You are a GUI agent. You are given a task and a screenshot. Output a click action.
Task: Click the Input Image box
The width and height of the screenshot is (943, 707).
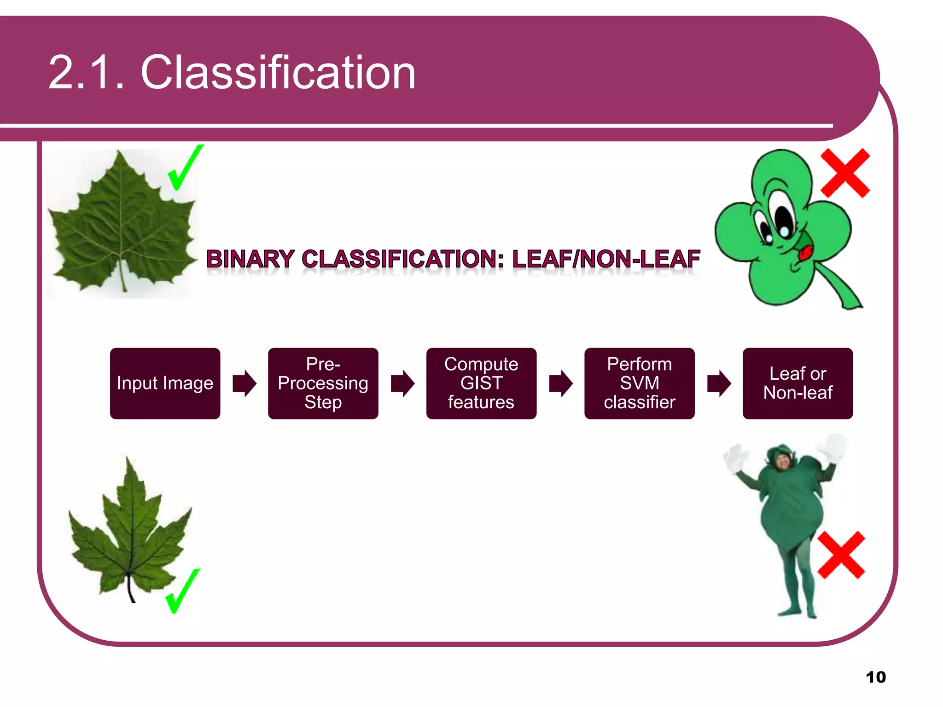[x=165, y=383]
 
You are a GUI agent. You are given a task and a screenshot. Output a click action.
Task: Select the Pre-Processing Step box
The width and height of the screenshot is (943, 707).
[x=323, y=383]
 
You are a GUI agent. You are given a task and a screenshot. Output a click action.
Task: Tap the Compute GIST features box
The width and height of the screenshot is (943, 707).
[x=481, y=383]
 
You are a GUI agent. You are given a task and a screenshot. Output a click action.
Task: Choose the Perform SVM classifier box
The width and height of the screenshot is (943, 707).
[x=639, y=383]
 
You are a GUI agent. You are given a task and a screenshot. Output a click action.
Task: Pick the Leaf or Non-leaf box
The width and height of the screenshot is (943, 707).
[x=797, y=383]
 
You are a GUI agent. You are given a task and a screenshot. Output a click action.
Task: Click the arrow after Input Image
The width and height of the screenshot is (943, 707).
[x=244, y=383]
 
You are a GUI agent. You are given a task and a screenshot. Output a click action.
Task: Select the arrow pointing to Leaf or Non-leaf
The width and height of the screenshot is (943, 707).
[x=719, y=383]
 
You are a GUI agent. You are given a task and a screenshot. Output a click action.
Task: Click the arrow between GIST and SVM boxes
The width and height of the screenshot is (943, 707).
[x=560, y=383]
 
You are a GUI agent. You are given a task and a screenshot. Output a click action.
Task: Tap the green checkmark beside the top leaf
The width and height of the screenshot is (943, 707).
[x=184, y=168]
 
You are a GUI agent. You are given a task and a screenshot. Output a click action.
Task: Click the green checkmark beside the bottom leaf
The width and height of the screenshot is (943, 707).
[x=182, y=591]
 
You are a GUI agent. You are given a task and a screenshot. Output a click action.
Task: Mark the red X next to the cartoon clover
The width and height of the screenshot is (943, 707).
[x=845, y=173]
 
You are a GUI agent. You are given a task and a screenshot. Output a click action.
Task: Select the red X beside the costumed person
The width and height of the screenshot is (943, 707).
[x=841, y=555]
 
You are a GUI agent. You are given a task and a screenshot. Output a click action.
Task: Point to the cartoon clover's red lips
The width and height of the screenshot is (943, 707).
[x=806, y=253]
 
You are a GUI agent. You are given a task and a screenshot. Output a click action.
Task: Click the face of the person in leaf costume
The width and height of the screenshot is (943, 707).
[x=783, y=461]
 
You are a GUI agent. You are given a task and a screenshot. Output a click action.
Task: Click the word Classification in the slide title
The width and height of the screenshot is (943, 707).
[x=278, y=72]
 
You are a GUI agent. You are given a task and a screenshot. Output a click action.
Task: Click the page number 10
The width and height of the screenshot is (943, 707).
[x=875, y=677]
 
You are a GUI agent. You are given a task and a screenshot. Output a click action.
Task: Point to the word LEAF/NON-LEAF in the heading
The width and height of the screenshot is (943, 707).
[x=606, y=259]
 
